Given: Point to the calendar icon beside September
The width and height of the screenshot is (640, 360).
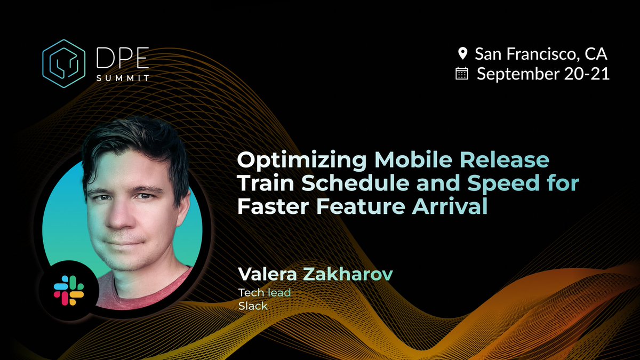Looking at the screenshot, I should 462,74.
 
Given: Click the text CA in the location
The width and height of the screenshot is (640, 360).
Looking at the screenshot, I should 596,53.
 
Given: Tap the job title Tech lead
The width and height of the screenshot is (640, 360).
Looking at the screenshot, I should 265,293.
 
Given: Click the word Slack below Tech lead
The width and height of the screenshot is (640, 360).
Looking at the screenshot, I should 252,306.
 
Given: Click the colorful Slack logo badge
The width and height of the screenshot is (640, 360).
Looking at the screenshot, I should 69,290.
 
